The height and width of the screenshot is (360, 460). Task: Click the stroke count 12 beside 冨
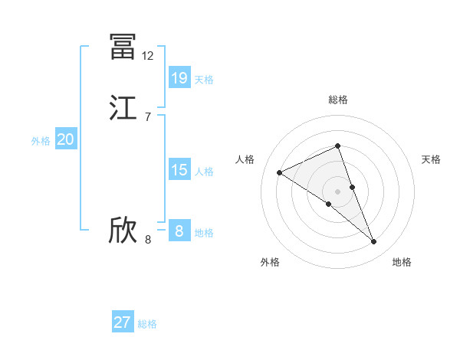point(148,56)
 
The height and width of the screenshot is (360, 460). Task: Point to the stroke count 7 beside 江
point(148,117)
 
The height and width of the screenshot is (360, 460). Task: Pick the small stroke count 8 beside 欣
point(148,240)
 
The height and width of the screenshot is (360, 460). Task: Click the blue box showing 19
point(179,77)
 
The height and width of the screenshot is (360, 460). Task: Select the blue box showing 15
point(179,170)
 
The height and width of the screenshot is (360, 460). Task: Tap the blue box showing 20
point(65,139)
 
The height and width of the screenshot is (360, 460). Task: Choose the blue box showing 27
point(122,322)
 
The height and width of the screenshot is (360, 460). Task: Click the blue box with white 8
point(179,231)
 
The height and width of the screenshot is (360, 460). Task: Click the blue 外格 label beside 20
point(41,141)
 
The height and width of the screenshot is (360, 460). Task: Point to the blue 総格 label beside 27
point(147,324)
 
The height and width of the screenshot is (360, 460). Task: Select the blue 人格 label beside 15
point(205,172)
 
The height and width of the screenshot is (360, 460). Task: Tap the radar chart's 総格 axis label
point(338,100)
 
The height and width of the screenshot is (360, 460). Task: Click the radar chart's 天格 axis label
point(431,159)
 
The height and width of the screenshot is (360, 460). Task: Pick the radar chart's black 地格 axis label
point(402,262)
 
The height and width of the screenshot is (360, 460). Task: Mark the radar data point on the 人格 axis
point(280,172)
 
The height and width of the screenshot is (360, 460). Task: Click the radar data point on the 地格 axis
point(373,242)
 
